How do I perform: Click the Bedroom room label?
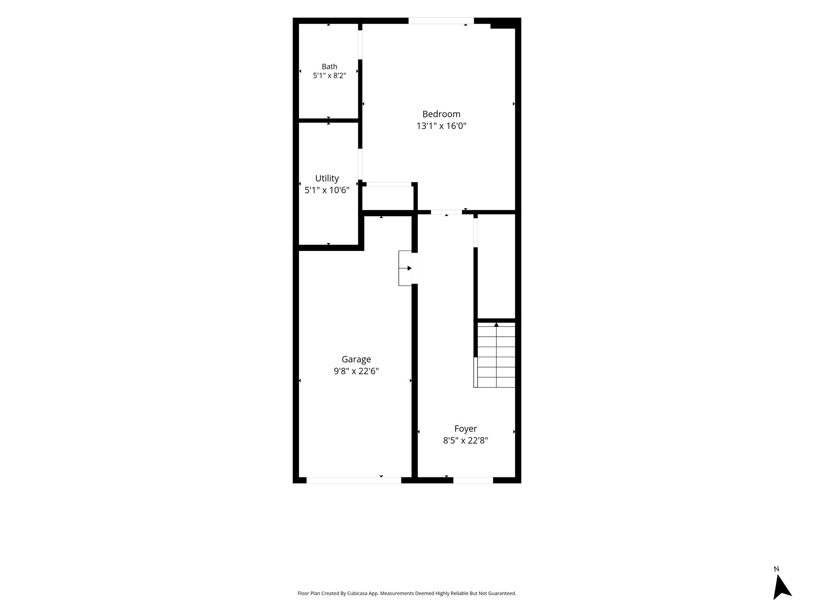441,114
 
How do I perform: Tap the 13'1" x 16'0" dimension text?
441,126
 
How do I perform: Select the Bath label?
329,67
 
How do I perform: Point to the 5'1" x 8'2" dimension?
329,75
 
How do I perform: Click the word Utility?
327,179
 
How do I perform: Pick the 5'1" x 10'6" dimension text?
327,190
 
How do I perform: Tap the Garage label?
357,359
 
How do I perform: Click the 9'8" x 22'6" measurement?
357,371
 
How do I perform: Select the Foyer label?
466,429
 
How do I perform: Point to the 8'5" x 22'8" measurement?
466,440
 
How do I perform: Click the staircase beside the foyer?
496,355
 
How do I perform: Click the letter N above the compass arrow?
776,569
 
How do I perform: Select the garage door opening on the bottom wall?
354,480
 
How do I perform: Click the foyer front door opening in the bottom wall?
473,480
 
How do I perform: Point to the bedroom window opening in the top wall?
441,21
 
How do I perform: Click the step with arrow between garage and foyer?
405,268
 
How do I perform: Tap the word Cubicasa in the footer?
357,593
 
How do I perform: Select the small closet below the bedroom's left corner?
388,198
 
